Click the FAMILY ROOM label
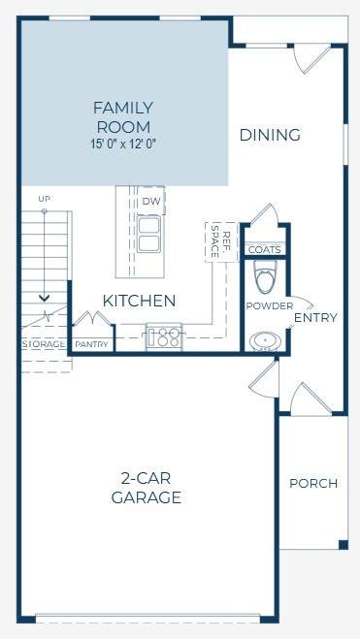tap(123, 117)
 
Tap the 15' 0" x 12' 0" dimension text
tap(123, 144)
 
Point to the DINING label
tap(270, 135)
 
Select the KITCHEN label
tap(139, 301)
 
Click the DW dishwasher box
tap(151, 201)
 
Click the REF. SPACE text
tap(220, 242)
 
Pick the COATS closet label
tap(265, 250)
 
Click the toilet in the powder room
tap(265, 277)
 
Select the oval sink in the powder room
tap(263, 341)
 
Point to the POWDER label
tap(270, 306)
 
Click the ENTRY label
tap(315, 317)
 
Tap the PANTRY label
tap(92, 344)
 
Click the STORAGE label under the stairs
tap(44, 344)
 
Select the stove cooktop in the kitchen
tap(164, 335)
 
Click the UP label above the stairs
tap(44, 199)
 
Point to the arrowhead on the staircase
tap(44, 299)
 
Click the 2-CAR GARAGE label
tap(146, 488)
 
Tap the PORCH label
tap(313, 483)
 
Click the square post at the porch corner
tap(344, 544)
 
